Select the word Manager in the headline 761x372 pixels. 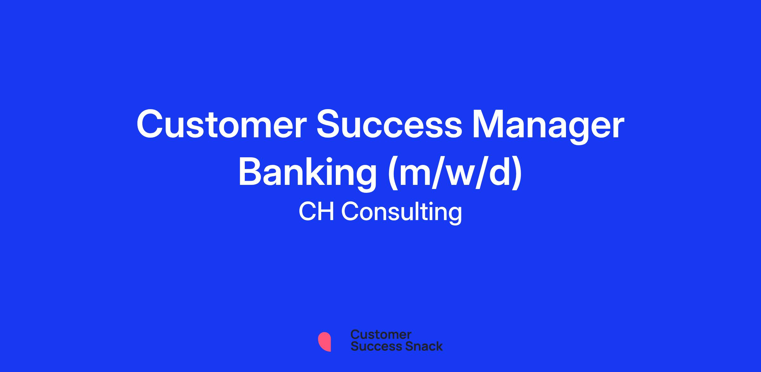(548, 127)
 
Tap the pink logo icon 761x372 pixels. (324, 342)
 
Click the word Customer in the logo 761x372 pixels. (381, 335)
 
